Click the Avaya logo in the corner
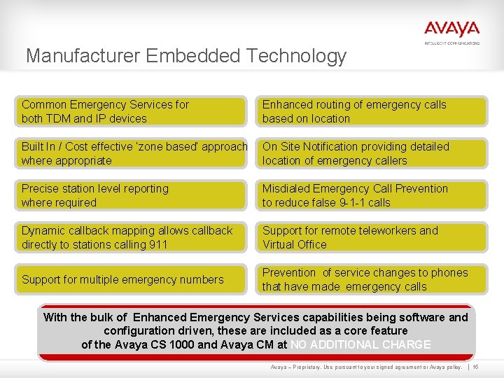pyautogui.click(x=451, y=30)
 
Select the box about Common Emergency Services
pyautogui.click(x=131, y=111)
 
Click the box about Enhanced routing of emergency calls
pyautogui.click(x=372, y=111)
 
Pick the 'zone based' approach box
pyautogui.click(x=131, y=153)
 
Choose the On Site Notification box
pyautogui.click(x=372, y=153)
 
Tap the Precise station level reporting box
pyautogui.click(x=131, y=195)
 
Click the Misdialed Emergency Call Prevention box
pyautogui.click(x=372, y=195)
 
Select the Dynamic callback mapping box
pyautogui.click(x=131, y=237)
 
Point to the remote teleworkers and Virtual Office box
pyautogui.click(x=372, y=237)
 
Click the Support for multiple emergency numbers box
pyautogui.click(x=131, y=279)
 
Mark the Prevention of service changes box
pyautogui.click(x=372, y=279)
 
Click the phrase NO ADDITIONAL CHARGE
pyautogui.click(x=360, y=344)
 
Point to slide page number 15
pyautogui.click(x=475, y=367)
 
